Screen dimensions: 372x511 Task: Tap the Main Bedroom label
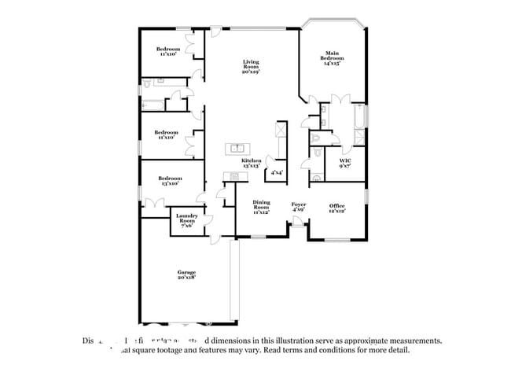(331, 57)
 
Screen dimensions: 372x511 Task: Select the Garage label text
(186, 272)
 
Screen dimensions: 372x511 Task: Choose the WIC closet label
(344, 160)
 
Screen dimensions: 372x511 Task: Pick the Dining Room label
(262, 204)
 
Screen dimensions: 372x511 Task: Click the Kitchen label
(251, 160)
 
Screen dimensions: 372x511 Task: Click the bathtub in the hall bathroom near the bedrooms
(152, 104)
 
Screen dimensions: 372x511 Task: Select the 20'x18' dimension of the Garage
(186, 278)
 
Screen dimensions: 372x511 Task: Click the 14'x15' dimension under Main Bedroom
(331, 63)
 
